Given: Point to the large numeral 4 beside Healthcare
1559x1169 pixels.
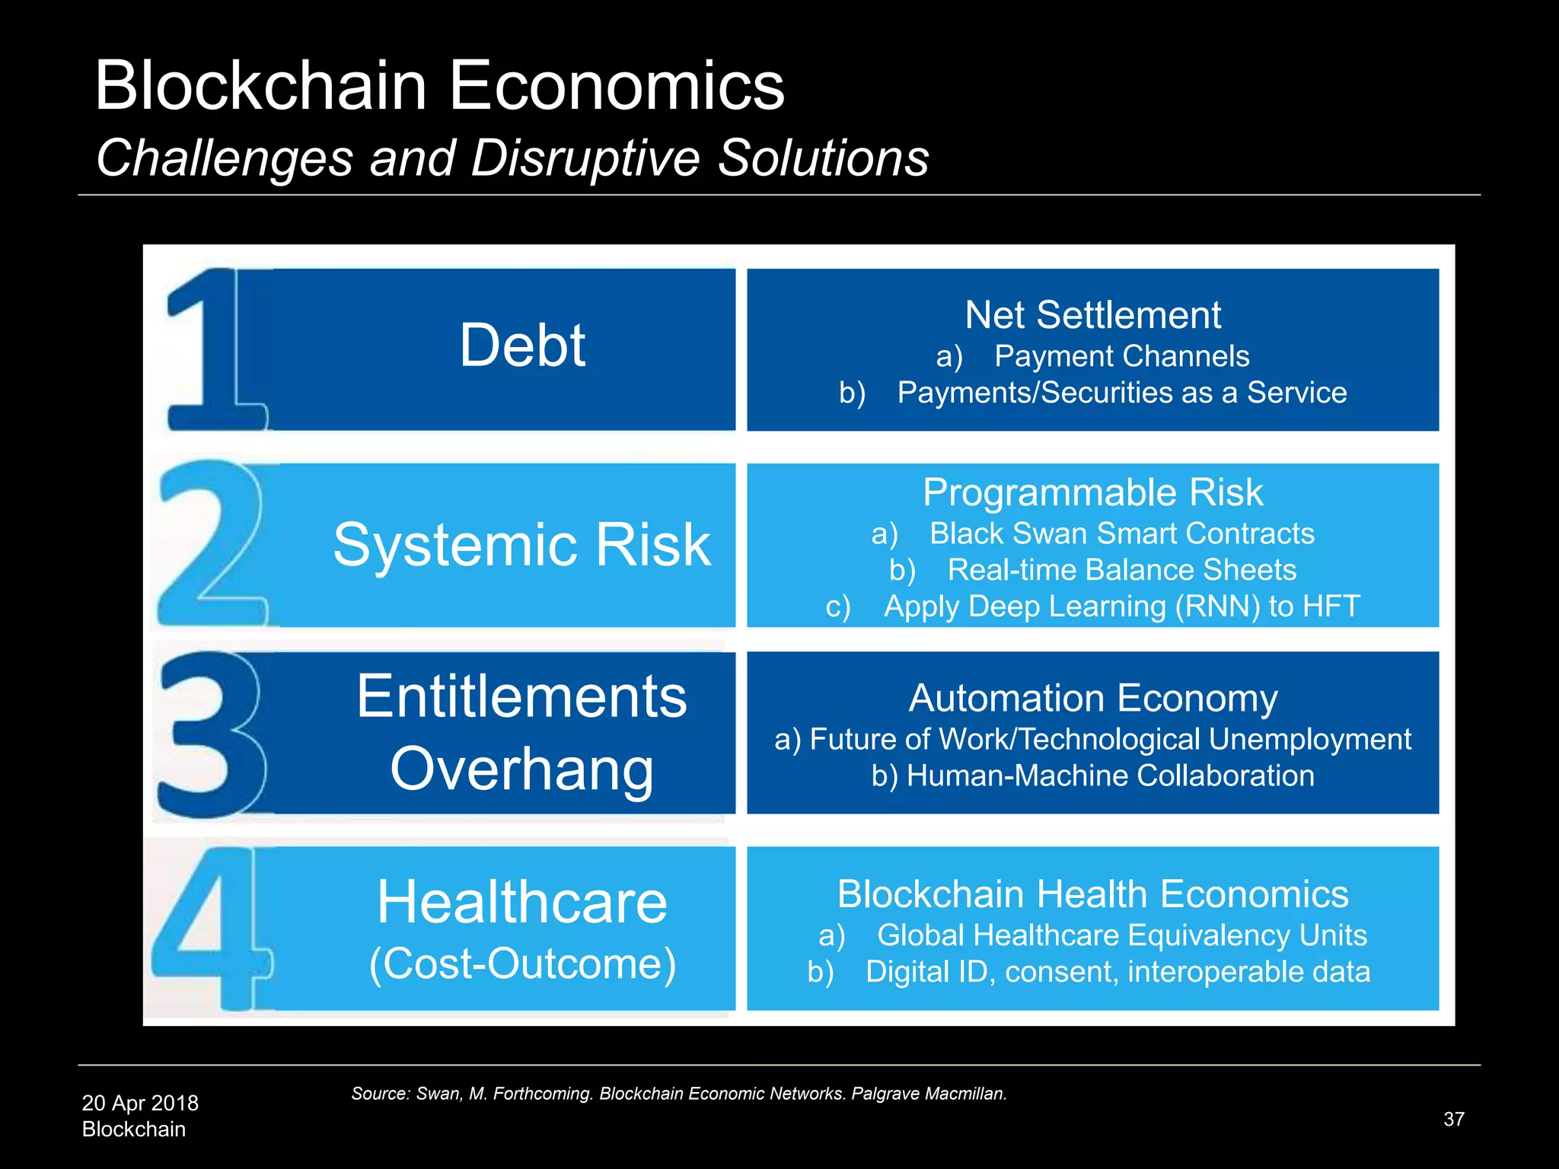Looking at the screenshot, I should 209,929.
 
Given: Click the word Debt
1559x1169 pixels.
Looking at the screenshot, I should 522,346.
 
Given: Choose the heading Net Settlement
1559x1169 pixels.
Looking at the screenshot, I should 1092,315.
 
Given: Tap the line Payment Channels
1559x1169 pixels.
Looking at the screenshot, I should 1121,356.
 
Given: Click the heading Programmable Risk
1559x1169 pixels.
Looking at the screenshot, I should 1092,492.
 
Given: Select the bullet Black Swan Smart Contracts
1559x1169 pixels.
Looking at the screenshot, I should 1121,534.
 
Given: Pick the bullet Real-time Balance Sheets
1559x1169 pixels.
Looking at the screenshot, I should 1121,570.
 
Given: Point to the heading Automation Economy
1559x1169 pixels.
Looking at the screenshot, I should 1092,698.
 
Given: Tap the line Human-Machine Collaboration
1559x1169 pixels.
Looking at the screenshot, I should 1110,776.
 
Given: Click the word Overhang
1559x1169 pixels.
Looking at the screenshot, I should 522,769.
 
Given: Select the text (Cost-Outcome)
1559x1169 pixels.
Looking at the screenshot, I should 522,964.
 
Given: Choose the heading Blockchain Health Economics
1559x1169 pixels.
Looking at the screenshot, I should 1092,894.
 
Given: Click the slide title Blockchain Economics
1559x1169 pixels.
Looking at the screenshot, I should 439,86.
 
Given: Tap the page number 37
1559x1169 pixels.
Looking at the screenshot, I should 1453,1119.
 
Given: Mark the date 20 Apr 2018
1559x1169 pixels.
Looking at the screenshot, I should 140,1103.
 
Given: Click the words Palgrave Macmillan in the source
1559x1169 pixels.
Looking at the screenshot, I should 929,1094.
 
